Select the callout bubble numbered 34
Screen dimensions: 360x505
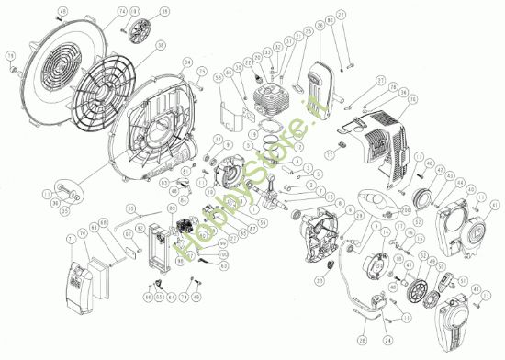click(186, 62)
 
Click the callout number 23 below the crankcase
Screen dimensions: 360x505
click(320, 280)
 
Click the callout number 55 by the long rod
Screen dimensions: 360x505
click(131, 208)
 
